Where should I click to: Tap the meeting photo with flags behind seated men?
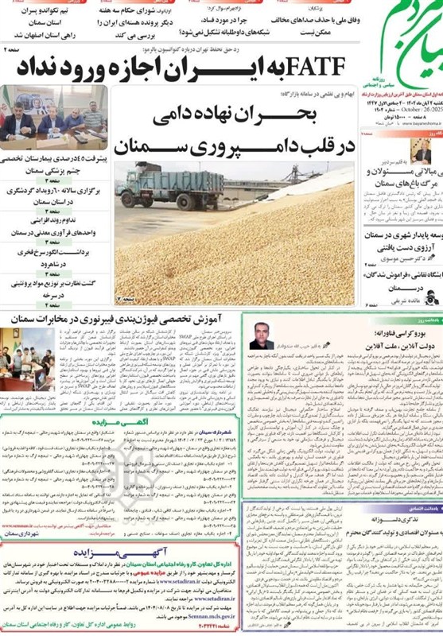pos(52,113)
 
